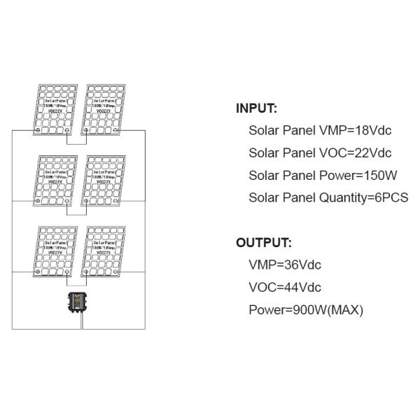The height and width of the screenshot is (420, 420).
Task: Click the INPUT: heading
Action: click(x=256, y=108)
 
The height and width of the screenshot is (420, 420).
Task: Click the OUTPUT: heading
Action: click(x=262, y=243)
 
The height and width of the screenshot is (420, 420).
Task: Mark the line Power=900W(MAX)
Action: click(x=306, y=309)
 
